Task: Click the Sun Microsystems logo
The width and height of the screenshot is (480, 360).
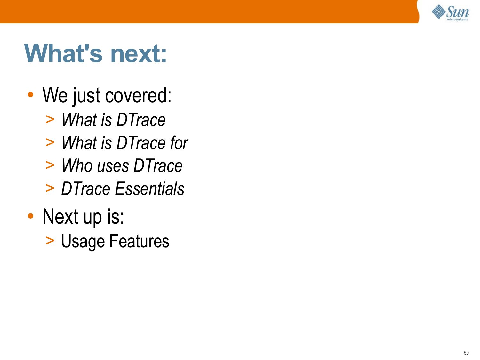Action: point(451,13)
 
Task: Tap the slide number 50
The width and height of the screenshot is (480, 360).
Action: point(466,353)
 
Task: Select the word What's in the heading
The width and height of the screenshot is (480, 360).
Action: point(63,53)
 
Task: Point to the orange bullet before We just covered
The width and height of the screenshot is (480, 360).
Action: point(31,95)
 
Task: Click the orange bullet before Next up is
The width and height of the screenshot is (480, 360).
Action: point(31,216)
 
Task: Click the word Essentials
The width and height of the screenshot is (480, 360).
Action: point(149,188)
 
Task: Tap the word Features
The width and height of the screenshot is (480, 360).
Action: point(139,241)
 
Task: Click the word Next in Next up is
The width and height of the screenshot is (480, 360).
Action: point(60,216)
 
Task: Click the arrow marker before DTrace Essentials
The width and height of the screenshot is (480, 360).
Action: point(50,188)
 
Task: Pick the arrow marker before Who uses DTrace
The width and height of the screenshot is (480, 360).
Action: point(50,165)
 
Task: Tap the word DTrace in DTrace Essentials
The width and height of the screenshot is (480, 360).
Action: point(86,188)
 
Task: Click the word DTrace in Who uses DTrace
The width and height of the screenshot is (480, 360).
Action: point(158,166)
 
